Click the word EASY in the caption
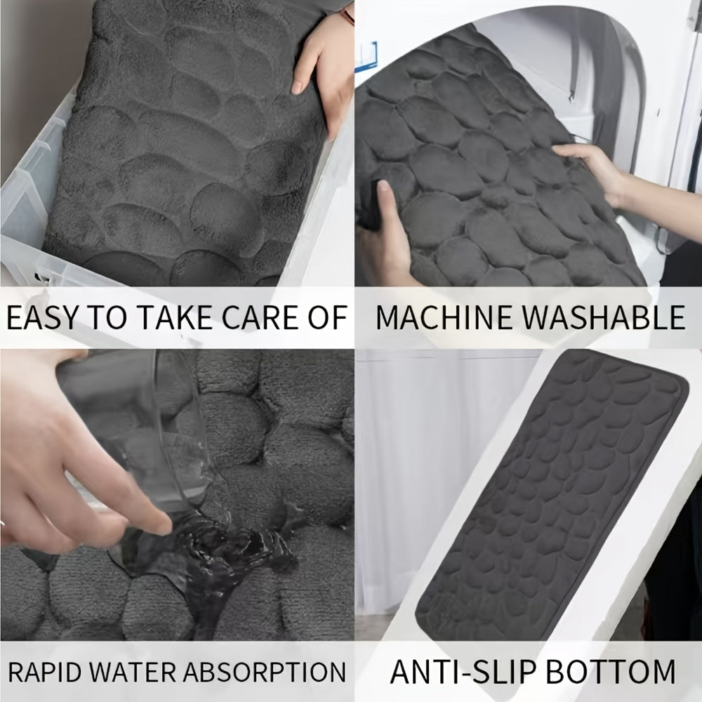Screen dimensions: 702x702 click(x=41, y=317)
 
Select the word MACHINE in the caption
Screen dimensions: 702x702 click(x=437, y=317)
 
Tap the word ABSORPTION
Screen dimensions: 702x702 click(x=266, y=670)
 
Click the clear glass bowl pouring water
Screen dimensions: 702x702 click(x=133, y=421)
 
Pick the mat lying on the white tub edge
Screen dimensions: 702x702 click(x=555, y=491)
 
